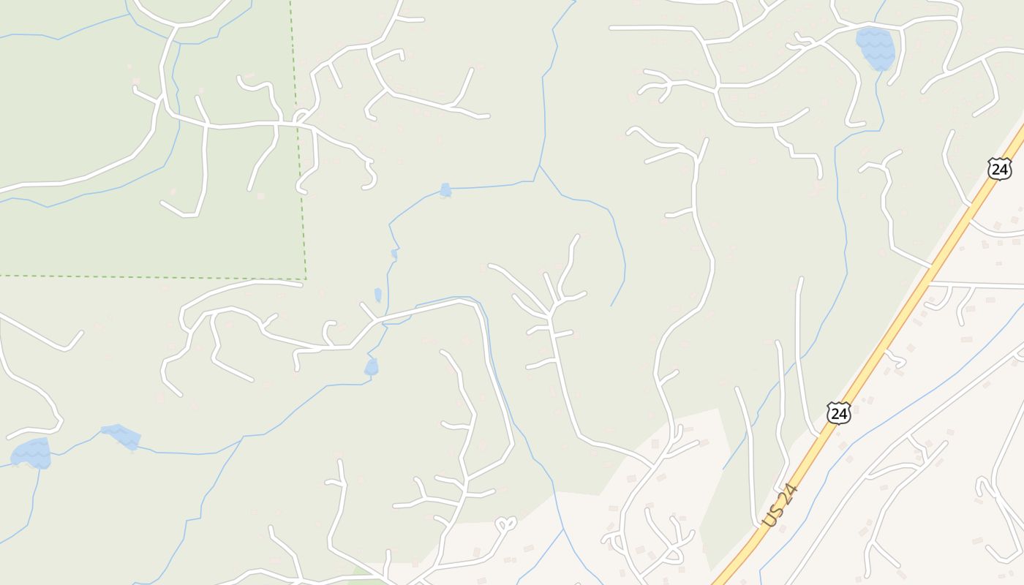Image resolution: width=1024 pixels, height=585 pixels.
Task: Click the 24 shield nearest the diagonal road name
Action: (839, 412)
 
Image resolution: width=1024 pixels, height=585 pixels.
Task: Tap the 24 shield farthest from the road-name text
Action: (998, 169)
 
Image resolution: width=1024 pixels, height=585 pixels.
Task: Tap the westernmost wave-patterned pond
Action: (31, 453)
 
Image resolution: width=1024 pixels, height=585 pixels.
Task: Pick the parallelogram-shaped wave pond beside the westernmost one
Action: (121, 435)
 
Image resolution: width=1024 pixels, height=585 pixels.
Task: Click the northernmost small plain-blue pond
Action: (445, 190)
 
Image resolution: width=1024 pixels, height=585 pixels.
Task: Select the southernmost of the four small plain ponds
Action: (372, 366)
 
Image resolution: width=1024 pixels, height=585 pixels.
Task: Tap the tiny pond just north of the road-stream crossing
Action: (378, 295)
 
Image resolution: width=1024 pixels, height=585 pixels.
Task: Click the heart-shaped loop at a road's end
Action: (506, 524)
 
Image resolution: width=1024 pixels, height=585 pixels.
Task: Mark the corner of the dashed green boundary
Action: (306, 279)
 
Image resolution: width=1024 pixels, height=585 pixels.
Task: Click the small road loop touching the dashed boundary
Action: (301, 117)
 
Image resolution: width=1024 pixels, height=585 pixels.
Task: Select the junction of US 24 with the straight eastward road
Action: (930, 282)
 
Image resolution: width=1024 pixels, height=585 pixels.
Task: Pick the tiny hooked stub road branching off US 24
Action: (896, 358)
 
